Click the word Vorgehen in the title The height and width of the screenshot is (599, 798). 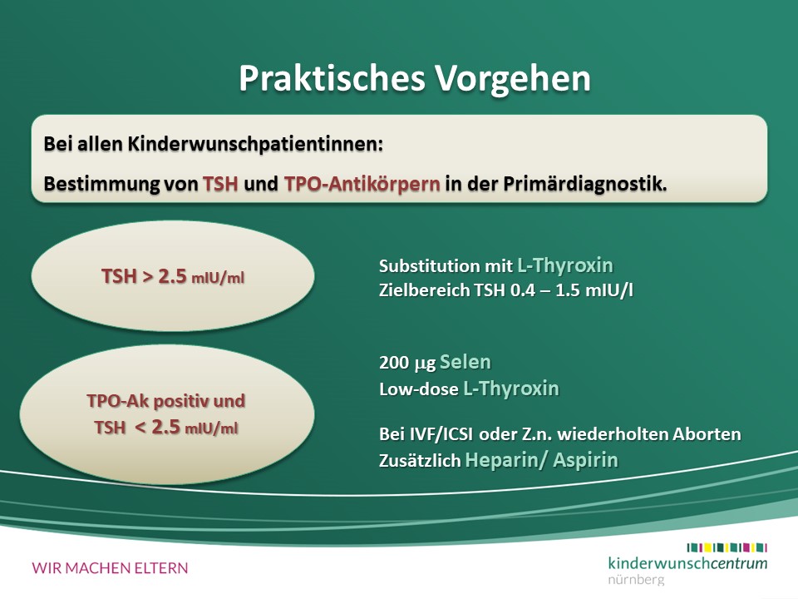(513, 78)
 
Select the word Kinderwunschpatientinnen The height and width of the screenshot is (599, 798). (255, 144)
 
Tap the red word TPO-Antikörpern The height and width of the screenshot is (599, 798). (362, 184)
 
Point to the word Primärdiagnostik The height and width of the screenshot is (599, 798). (584, 184)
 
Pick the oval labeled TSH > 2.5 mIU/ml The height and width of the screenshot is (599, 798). (173, 275)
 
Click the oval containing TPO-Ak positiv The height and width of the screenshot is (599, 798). (167, 414)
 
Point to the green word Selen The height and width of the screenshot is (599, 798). (465, 362)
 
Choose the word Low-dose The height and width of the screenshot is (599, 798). (418, 389)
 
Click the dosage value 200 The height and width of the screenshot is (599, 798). (394, 363)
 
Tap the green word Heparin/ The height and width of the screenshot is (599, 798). (506, 460)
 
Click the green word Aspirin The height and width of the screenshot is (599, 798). (585, 460)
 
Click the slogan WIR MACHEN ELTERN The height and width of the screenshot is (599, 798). (110, 568)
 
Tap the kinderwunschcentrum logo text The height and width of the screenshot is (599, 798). (687, 563)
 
